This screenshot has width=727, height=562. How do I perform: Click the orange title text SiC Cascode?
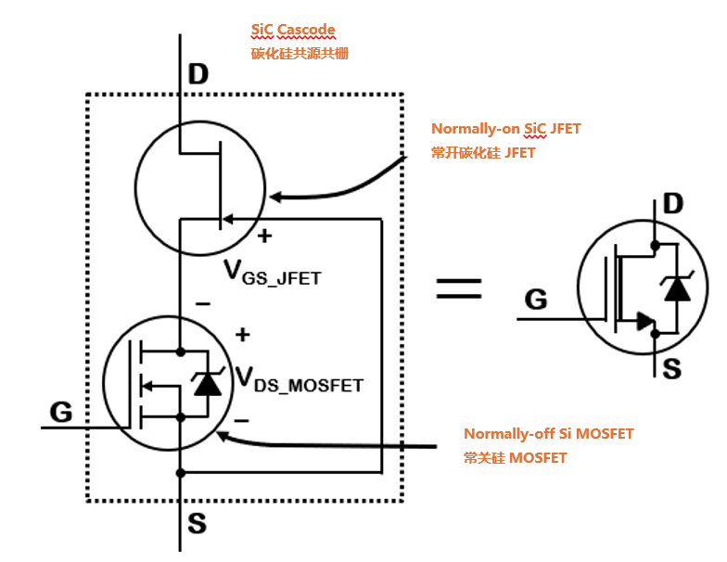point(292,31)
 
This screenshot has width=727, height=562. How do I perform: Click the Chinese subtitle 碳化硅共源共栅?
point(300,53)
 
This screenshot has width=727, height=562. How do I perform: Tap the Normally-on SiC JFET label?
point(505,129)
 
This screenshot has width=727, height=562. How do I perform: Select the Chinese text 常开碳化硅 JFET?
point(483,152)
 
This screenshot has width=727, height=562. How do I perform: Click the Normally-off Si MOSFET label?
point(549,434)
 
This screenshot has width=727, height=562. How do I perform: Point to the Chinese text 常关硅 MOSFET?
point(515,457)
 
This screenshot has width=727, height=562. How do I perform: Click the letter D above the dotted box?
point(198,75)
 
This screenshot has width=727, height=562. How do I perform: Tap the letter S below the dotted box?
point(197,524)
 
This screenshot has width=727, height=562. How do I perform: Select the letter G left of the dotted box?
point(60,412)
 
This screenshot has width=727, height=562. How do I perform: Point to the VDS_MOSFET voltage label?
point(298,378)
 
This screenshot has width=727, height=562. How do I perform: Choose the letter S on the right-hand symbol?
point(672,368)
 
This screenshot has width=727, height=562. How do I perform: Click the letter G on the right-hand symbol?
point(535,300)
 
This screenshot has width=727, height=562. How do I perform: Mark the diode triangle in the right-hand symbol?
point(678,289)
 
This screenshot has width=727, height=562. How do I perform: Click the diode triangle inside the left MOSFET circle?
point(207,384)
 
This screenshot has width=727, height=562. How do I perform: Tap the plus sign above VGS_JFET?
point(264,236)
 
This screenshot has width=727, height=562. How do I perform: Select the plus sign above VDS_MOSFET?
point(243,334)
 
